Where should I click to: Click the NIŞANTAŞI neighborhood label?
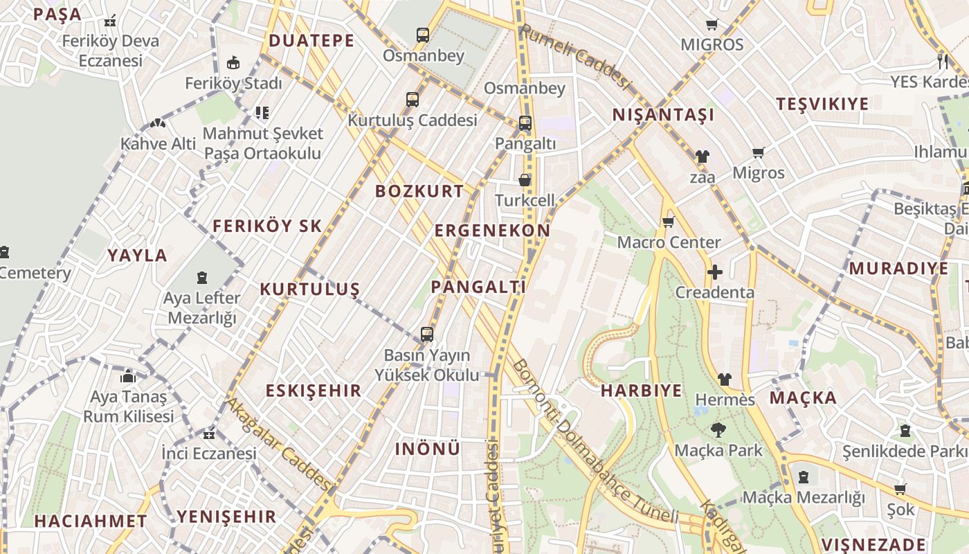pyautogui.click(x=662, y=115)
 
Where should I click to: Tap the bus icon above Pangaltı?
pyautogui.click(x=525, y=124)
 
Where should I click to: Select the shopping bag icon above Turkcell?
pyautogui.click(x=525, y=180)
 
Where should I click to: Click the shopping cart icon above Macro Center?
pyautogui.click(x=668, y=222)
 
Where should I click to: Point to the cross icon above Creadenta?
pyautogui.click(x=714, y=272)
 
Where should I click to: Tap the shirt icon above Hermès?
pyautogui.click(x=724, y=379)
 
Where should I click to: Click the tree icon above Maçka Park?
pyautogui.click(x=718, y=430)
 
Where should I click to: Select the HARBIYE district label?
pyautogui.click(x=641, y=391)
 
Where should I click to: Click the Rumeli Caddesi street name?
pyautogui.click(x=576, y=57)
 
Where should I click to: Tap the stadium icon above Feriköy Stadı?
pyautogui.click(x=234, y=63)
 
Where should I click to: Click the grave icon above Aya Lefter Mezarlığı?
pyautogui.click(x=201, y=278)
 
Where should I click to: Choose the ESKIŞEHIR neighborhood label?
pyautogui.click(x=314, y=391)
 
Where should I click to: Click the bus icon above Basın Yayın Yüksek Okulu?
pyautogui.click(x=426, y=334)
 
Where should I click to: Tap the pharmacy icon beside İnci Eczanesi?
pyautogui.click(x=208, y=435)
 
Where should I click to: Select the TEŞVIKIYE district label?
pyautogui.click(x=822, y=105)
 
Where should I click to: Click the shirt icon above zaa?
pyautogui.click(x=702, y=157)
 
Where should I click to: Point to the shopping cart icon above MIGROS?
pyautogui.click(x=712, y=25)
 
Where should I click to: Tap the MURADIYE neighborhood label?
pyautogui.click(x=898, y=269)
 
